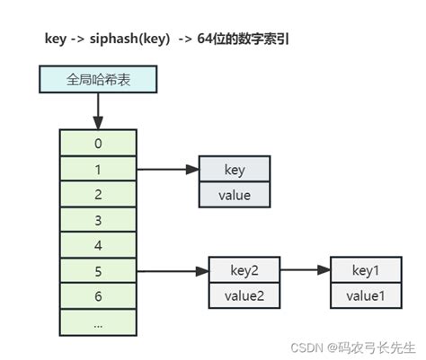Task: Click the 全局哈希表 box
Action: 98,81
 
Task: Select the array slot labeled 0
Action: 98,142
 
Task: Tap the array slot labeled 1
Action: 98,168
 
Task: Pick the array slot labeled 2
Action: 98,193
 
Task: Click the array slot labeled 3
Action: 98,219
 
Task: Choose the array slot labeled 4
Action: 98,244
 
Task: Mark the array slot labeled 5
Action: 98,270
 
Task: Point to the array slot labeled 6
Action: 98,295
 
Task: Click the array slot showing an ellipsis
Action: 98,321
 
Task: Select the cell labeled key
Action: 234,169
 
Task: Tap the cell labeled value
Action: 234,195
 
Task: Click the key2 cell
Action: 244,270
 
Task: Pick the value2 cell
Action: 244,295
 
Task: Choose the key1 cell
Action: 366,270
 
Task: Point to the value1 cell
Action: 366,295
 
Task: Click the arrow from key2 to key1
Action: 305,270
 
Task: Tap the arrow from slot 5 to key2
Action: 173,270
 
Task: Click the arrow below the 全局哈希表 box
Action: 98,110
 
